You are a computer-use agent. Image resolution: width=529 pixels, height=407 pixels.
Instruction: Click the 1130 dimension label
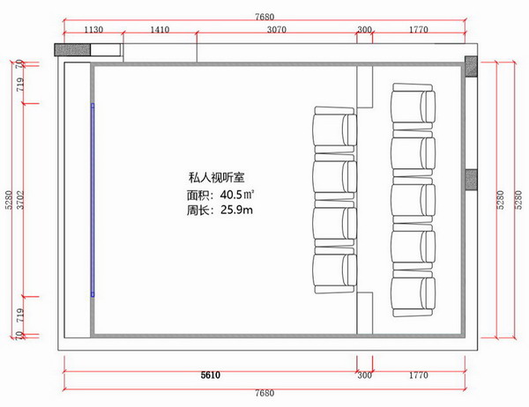pos(93,30)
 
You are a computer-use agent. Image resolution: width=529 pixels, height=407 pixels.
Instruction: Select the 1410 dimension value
pos(160,30)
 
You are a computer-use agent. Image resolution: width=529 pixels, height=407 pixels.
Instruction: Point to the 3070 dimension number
pos(277,30)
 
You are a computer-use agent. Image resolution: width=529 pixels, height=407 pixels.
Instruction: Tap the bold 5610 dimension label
pos(211,375)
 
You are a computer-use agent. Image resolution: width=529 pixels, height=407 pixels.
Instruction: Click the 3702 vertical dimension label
pos(21,200)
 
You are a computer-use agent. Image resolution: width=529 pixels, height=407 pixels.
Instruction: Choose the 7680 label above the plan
pos(264,17)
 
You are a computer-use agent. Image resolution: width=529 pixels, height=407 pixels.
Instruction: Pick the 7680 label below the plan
pos(264,393)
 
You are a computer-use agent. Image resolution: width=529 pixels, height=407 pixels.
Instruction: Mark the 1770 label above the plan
pos(418,30)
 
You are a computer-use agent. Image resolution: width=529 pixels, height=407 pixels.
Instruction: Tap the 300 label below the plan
pos(364,375)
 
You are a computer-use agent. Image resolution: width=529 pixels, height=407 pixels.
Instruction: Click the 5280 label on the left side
pos(9,200)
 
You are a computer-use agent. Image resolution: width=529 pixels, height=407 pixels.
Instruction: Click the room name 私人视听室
pos(217,177)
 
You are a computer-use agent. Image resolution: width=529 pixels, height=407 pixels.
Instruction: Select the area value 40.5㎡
pos(237,195)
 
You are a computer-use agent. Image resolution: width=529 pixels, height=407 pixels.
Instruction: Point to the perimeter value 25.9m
pos(237,210)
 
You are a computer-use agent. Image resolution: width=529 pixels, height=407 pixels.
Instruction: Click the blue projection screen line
pos(93,200)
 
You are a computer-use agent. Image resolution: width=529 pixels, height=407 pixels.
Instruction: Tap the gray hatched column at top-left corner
pos(72,49)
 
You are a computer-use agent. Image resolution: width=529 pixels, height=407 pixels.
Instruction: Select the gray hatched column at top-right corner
pos(471,66)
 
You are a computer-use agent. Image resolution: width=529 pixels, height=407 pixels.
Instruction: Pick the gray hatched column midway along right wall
pos(471,180)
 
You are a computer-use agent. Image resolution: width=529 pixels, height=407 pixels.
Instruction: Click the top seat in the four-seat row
pos(335,130)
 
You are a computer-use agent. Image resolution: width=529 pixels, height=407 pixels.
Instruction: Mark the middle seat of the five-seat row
pos(414,200)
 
